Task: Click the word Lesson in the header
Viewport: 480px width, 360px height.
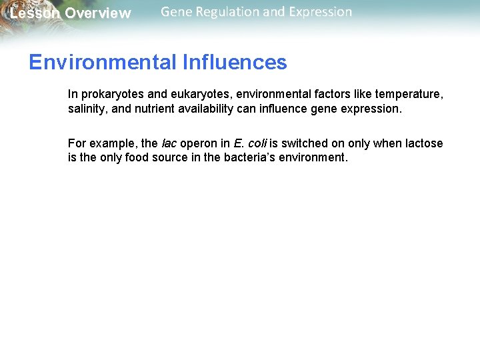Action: coord(34,13)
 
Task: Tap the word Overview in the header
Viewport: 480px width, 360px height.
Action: coord(98,13)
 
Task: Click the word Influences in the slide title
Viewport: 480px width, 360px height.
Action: coord(233,63)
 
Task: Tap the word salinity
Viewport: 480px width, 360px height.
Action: coord(87,109)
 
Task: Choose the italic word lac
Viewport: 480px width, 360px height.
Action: coord(169,143)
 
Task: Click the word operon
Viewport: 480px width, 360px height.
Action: coord(199,143)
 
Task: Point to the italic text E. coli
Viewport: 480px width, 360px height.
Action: coord(250,143)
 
